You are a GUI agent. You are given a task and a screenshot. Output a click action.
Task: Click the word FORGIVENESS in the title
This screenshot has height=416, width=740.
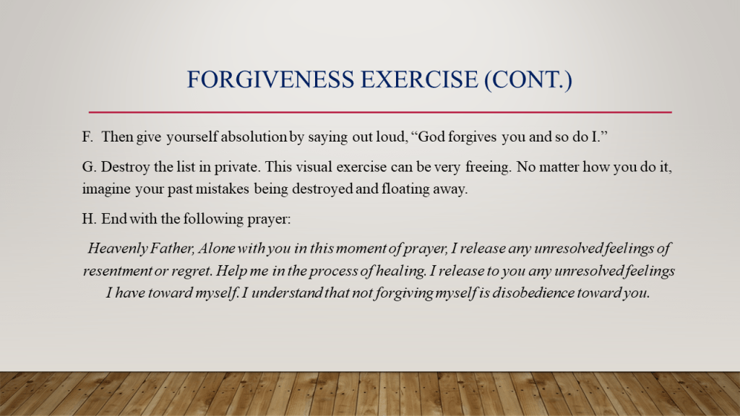(x=270, y=79)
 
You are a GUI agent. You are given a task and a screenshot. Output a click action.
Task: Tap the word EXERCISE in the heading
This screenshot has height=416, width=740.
(x=420, y=79)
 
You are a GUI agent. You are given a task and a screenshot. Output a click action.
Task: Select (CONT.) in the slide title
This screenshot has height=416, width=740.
(x=528, y=79)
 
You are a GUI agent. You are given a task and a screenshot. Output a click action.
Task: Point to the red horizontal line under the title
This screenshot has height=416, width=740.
(x=380, y=112)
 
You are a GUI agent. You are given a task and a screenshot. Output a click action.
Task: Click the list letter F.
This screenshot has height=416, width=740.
(x=87, y=136)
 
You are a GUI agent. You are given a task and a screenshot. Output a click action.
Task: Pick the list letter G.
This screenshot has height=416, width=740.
(x=88, y=167)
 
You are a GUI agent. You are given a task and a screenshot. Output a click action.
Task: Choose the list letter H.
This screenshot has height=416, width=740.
(x=89, y=219)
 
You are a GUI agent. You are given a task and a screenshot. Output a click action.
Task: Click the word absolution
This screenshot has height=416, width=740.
(x=254, y=136)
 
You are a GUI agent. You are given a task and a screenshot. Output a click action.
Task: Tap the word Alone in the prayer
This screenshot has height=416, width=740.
(x=217, y=248)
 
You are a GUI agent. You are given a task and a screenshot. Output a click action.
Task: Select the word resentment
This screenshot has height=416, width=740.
(x=117, y=272)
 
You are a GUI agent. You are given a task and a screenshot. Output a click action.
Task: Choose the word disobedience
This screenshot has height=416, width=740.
(x=533, y=293)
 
